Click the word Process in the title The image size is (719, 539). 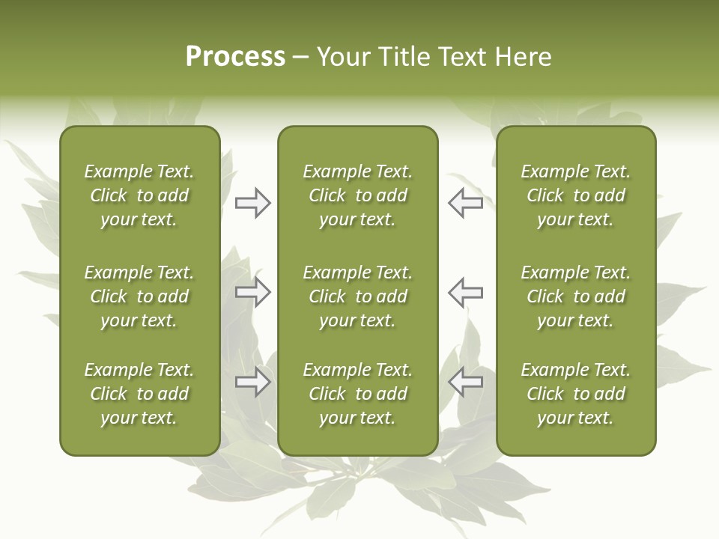235,57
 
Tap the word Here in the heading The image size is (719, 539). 522,57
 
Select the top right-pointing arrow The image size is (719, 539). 252,203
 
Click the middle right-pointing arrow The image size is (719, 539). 252,293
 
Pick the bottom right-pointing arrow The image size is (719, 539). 252,383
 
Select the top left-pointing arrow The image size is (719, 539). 466,203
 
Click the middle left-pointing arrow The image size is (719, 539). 466,293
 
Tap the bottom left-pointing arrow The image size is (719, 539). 466,383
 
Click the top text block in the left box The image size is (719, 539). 139,195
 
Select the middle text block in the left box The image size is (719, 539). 139,296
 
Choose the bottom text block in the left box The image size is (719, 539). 139,394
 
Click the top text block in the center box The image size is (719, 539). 358,195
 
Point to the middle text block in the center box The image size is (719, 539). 358,296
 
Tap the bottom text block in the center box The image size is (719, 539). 358,394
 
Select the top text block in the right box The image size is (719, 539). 576,195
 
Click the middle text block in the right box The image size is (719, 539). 576,296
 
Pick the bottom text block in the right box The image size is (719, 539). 576,394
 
